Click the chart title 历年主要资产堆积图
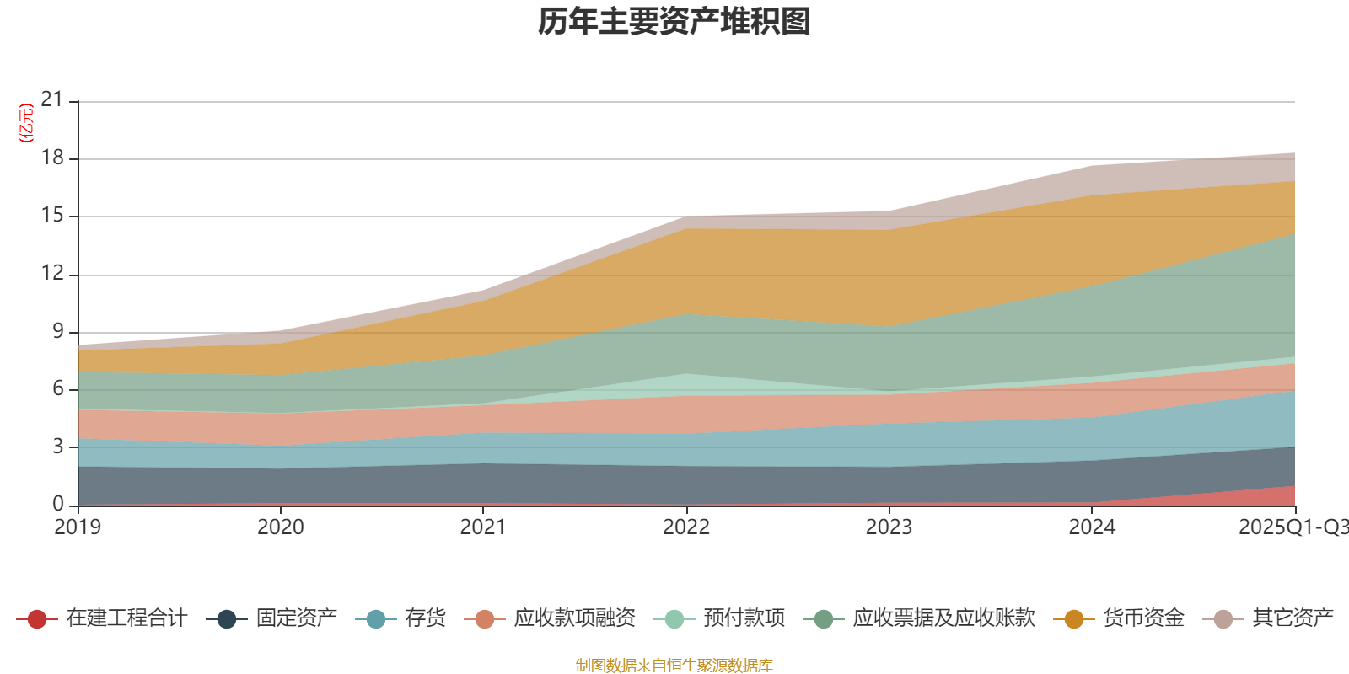[x=674, y=22]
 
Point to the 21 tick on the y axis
[x=52, y=100]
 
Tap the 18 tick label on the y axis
[x=52, y=158]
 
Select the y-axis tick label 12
[x=52, y=273]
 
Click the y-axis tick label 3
[x=57, y=446]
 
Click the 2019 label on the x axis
[x=78, y=527]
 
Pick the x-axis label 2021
[x=483, y=527]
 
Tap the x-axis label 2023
[x=889, y=527]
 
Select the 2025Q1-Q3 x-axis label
[x=1293, y=527]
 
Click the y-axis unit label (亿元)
[x=27, y=123]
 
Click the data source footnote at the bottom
[x=674, y=666]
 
